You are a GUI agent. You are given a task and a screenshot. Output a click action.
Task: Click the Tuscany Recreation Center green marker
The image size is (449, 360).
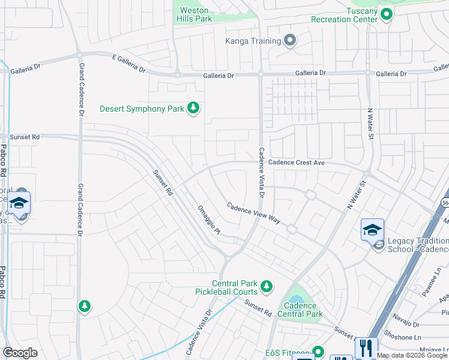tap(387, 14)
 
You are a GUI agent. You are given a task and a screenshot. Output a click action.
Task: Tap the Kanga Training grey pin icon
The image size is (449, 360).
tap(290, 41)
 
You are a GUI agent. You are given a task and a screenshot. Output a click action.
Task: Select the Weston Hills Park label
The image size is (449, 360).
tap(194, 15)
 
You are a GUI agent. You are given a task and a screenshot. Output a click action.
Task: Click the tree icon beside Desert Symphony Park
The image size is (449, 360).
tap(193, 108)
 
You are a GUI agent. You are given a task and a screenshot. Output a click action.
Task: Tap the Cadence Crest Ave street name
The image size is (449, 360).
tap(296, 163)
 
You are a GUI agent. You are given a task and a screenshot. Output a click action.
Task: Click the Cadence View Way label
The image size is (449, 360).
tap(253, 213)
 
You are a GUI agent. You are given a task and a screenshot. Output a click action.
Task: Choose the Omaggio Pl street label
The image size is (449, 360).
tap(209, 220)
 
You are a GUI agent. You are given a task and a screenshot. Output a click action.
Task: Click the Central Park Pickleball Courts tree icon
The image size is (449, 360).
tap(266, 286)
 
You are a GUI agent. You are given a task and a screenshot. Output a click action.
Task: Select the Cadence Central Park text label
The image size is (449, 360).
tap(300, 310)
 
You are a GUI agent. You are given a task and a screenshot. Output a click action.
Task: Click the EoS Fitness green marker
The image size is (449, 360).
tap(318, 352)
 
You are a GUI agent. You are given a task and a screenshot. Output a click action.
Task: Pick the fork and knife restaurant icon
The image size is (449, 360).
tap(366, 347)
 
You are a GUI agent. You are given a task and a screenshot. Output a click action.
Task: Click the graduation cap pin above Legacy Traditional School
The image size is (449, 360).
tap(372, 230)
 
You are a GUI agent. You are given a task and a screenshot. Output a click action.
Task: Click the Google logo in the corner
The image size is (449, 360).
tap(20, 353)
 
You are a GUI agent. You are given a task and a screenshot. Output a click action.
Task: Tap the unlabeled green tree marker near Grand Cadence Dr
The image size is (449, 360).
tap(85, 307)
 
